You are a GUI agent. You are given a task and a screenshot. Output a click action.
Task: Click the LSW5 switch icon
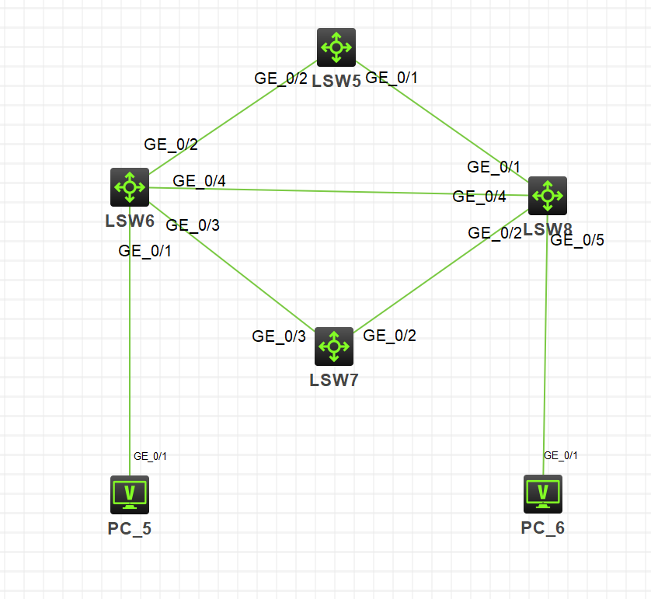pos(336,47)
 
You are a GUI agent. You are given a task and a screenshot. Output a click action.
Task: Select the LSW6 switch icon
pos(130,187)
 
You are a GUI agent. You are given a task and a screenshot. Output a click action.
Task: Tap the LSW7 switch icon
pos(334,346)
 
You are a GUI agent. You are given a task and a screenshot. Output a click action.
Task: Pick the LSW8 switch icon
pos(548,195)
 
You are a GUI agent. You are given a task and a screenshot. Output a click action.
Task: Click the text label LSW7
pos(334,380)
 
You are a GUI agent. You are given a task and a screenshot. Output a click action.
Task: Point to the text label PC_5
pos(130,530)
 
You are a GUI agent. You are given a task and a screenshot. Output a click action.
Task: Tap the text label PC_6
pos(543,528)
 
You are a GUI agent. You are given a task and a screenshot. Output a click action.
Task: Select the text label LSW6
pos(130,221)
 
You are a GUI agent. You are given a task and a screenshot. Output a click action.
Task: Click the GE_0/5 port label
pos(576,240)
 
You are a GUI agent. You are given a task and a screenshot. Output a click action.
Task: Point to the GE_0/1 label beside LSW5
pos(392,78)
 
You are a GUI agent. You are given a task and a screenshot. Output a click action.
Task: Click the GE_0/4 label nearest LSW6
pos(199,181)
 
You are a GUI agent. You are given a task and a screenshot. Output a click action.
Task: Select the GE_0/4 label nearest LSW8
pos(479,197)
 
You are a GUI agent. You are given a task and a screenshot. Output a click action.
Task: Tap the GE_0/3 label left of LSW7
pos(279,336)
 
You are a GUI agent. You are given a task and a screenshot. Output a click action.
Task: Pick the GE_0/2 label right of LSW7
pos(390,336)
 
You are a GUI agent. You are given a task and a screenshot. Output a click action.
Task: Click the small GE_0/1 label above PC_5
pos(150,456)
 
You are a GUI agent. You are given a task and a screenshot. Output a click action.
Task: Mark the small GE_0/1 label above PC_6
pos(561,455)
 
